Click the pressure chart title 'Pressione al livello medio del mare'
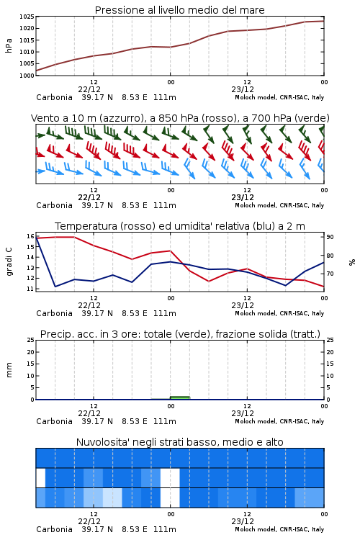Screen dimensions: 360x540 click(x=179, y=10)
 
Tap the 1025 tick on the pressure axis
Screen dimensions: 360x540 click(x=27, y=17)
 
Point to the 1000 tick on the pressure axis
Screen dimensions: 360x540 click(x=27, y=76)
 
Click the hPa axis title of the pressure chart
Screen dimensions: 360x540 click(x=9, y=45)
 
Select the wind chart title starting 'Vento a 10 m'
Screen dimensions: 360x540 click(x=180, y=118)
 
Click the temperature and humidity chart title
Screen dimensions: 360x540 click(x=180, y=226)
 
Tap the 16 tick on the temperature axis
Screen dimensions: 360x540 click(x=30, y=236)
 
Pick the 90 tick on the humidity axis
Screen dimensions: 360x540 click(x=330, y=237)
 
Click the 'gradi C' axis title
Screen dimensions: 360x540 click(x=9, y=262)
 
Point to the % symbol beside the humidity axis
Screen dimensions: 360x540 click(x=352, y=262)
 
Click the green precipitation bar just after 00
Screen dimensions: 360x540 click(x=180, y=397)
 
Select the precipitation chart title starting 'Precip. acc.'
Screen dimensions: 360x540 click(x=180, y=334)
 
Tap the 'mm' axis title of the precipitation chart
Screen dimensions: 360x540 click(x=9, y=370)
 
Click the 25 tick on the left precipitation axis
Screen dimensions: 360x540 click(x=30, y=340)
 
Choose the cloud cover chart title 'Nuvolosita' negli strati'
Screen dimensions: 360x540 click(x=179, y=442)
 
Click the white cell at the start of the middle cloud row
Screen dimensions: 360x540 click(x=40, y=477)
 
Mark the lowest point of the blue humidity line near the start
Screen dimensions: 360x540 click(x=55, y=287)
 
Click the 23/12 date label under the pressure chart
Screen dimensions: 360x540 click(x=243, y=89)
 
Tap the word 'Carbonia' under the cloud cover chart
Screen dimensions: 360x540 click(x=55, y=529)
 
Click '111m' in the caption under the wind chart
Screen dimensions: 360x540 click(x=165, y=206)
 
